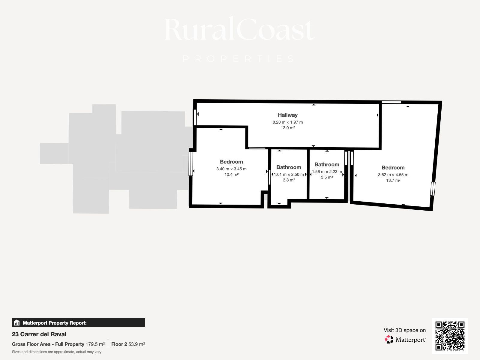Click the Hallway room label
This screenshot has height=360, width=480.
click(x=288, y=115)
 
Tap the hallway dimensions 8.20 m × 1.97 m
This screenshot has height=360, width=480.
click(x=288, y=122)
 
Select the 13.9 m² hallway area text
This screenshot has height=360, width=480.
click(x=288, y=128)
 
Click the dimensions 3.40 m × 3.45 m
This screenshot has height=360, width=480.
click(x=231, y=169)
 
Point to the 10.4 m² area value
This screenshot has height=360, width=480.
click(x=231, y=175)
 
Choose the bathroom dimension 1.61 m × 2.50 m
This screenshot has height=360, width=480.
click(x=289, y=174)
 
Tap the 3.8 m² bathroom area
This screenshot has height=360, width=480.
click(x=289, y=180)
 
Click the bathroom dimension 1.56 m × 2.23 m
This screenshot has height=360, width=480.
click(x=327, y=172)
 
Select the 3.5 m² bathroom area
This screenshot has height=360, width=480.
click(x=327, y=177)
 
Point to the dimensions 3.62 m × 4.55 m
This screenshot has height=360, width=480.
click(x=393, y=175)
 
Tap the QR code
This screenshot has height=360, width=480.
click(x=450, y=336)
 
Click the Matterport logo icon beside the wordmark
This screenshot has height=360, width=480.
click(x=389, y=340)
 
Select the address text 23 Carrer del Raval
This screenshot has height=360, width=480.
click(x=39, y=334)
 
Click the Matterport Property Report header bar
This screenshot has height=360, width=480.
click(x=78, y=322)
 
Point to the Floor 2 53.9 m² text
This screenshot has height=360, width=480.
click(x=128, y=344)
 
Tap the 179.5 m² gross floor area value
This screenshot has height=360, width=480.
click(x=95, y=344)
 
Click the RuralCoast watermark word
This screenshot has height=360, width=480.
click(x=239, y=29)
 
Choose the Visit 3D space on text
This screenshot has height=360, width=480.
click(x=405, y=330)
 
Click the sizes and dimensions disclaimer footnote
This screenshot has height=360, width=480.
click(x=57, y=352)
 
